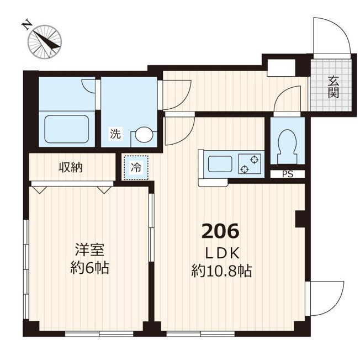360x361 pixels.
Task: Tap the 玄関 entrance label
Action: pos(333,88)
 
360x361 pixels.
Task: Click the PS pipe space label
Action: pos(288,174)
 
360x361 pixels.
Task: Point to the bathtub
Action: pos(67,129)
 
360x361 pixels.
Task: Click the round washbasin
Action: pos(144,135)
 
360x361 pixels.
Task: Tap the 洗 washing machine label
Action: pos(115,134)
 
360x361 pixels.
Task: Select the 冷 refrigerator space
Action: pos(136,167)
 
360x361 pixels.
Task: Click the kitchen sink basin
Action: pos(220,164)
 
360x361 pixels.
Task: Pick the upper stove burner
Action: pos(254,160)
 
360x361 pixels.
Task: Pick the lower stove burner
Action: pos(245,169)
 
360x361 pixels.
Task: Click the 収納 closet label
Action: pos(71,167)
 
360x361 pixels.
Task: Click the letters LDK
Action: pos(222,253)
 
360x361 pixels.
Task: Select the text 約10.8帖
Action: pos(221,271)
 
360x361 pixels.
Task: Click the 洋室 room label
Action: pos(89,250)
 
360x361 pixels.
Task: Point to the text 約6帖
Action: pos(89,268)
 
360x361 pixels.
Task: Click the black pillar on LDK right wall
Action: pos(300,218)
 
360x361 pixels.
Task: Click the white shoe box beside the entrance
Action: pos(281,68)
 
